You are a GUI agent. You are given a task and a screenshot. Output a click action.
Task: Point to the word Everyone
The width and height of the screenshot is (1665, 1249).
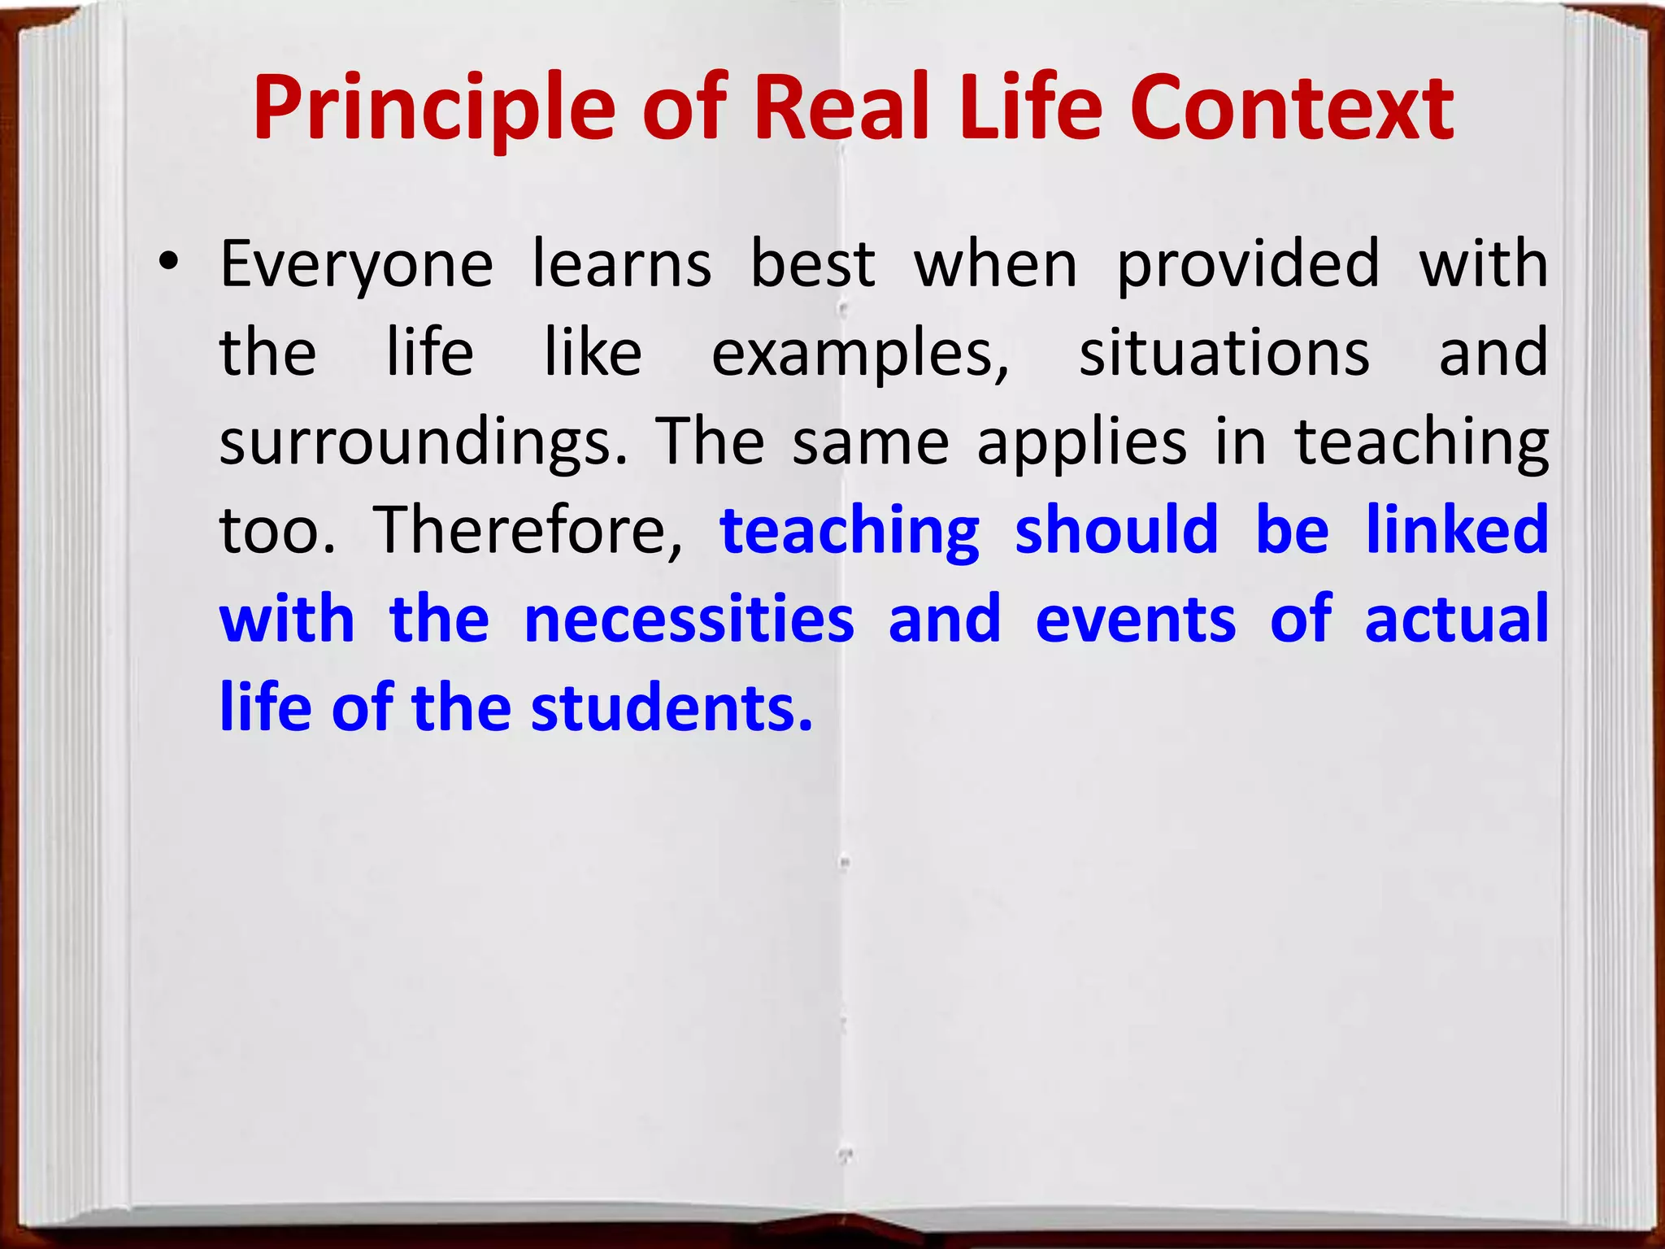tap(356, 266)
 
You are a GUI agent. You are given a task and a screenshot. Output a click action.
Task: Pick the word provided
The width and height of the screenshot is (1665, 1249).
tap(1248, 266)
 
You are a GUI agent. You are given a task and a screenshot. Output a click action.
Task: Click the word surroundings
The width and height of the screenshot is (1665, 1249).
tap(424, 443)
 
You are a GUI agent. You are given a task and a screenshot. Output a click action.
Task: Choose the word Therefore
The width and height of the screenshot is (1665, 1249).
tap(528, 530)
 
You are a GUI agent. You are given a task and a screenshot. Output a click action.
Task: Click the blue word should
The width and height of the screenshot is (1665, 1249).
tap(1117, 530)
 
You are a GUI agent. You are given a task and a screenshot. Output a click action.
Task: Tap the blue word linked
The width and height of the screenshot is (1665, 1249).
tap(1457, 530)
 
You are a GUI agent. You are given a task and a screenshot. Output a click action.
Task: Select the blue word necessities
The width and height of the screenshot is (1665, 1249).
tap(689, 620)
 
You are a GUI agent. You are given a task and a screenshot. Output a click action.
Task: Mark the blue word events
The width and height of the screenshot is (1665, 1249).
tap(1136, 620)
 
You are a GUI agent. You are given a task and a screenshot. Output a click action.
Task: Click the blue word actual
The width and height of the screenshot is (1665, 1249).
tap(1457, 620)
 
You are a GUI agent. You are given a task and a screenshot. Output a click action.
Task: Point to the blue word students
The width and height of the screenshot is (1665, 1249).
tap(672, 708)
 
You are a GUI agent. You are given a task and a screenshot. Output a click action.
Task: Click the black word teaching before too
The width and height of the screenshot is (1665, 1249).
tap(1422, 443)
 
